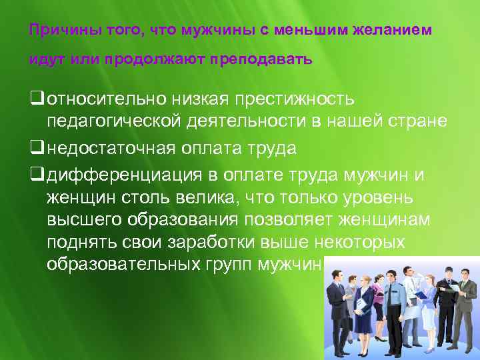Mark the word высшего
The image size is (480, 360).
80,219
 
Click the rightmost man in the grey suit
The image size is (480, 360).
467,300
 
